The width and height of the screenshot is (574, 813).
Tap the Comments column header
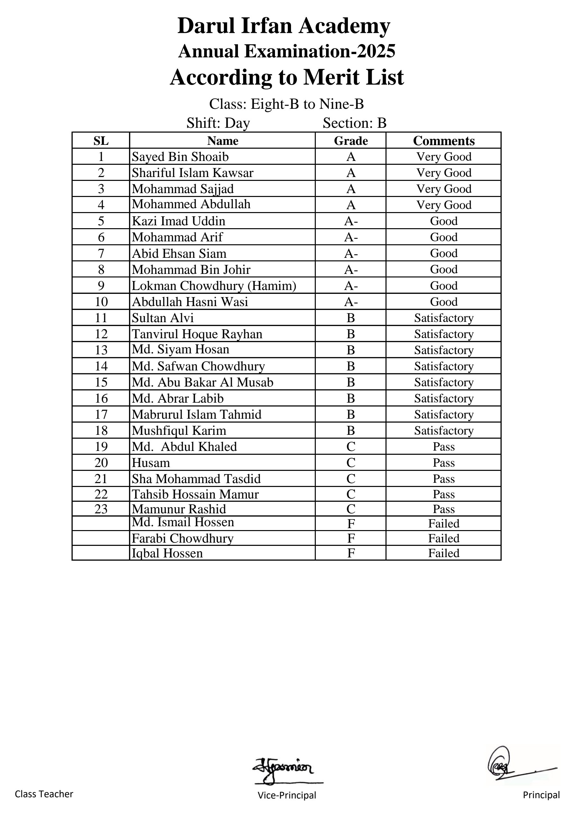point(443,141)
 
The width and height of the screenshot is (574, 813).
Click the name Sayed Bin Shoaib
point(180,156)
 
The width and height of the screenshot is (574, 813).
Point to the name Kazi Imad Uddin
point(178,221)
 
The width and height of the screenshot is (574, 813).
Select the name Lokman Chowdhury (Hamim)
point(214,285)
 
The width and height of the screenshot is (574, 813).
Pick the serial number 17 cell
point(101,414)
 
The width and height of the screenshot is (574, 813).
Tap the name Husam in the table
point(151,463)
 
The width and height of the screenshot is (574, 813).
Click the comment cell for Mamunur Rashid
point(443,509)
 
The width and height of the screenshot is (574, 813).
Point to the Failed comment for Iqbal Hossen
point(443,553)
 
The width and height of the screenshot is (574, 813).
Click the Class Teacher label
point(44,794)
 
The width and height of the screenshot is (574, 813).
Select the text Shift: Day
point(218,123)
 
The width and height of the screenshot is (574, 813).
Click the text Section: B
point(354,123)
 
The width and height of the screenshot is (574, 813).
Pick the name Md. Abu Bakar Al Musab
point(202,382)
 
